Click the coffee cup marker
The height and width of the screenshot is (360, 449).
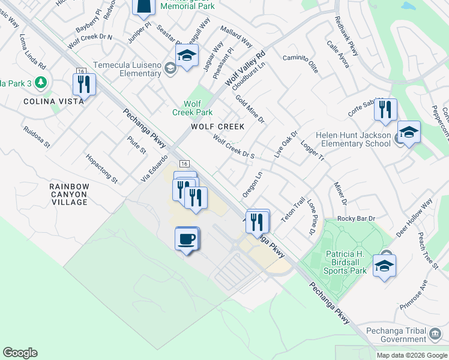187,239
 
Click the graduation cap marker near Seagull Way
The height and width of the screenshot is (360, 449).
187,56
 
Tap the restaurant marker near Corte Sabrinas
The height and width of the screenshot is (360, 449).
385,110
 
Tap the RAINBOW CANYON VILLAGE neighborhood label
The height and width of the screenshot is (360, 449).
69,194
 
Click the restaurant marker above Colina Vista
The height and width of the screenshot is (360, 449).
83,84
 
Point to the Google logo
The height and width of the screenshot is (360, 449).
20,353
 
